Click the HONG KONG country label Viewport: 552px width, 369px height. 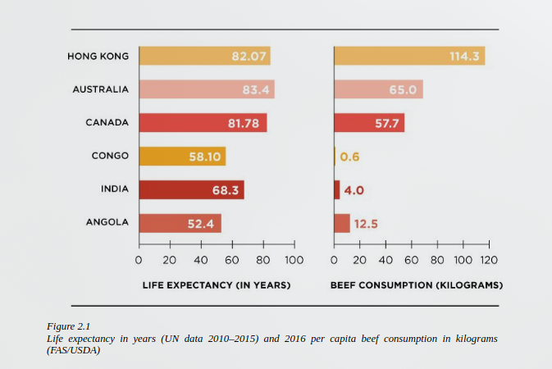(x=98, y=56)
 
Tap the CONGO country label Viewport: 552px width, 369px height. (x=110, y=156)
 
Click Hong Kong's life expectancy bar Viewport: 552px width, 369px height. (x=204, y=56)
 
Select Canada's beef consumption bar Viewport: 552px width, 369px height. (x=369, y=123)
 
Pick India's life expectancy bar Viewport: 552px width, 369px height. (x=191, y=189)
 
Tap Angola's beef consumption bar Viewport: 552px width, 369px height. (x=342, y=223)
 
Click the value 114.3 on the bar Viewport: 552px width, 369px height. (x=463, y=57)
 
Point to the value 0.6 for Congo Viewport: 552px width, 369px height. (x=350, y=157)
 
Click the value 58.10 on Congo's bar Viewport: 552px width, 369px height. (x=205, y=157)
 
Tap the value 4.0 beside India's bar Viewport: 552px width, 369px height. (x=354, y=190)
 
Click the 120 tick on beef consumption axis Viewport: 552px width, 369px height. (x=489, y=260)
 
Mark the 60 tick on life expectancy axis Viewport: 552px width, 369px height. (x=231, y=260)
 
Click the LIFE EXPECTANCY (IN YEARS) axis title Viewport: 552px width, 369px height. (x=217, y=286)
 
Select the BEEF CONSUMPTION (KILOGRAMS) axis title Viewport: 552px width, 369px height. (x=417, y=286)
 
